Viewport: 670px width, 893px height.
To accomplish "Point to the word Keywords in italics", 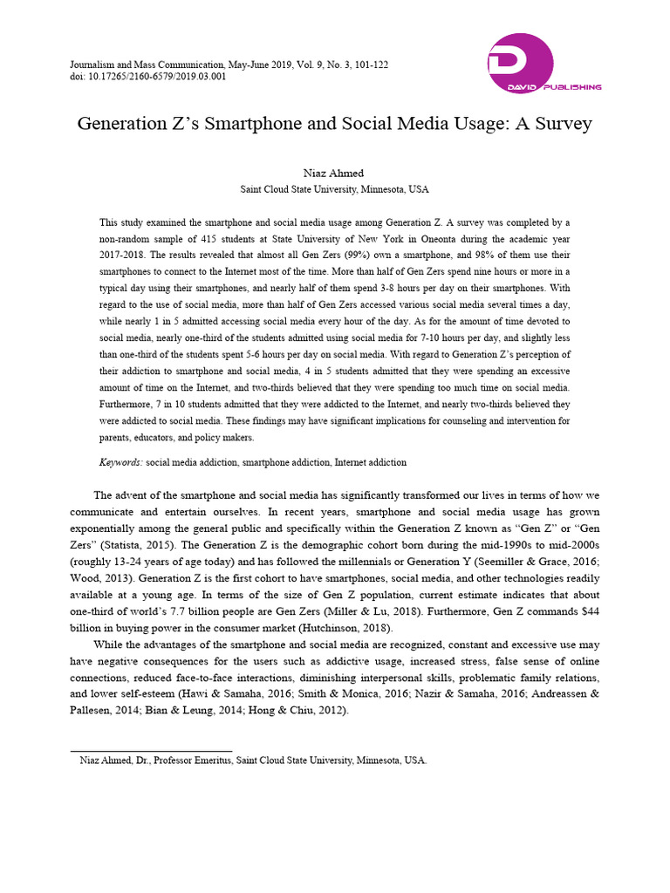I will pyautogui.click(x=120, y=462).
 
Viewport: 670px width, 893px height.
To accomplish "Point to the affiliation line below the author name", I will pyautogui.click(x=334, y=189).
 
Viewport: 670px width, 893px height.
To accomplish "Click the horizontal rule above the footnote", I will pyautogui.click(x=151, y=751).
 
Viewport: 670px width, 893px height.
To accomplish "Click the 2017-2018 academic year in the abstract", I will pyautogui.click(x=124, y=256).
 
